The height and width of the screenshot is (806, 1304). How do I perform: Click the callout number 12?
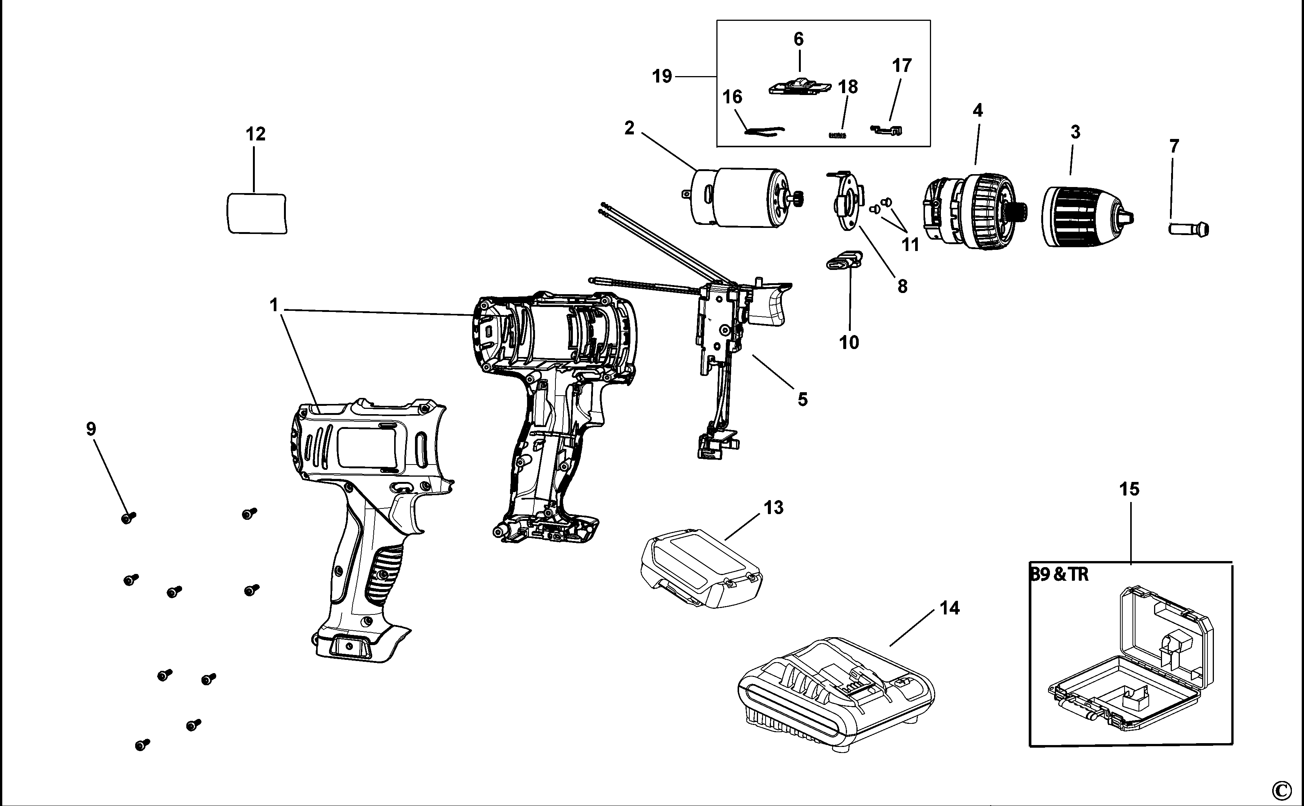(255, 134)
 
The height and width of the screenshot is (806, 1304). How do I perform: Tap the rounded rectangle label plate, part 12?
(256, 213)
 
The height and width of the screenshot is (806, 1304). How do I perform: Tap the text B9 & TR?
(1059, 575)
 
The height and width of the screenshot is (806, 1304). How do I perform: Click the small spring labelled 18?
(838, 136)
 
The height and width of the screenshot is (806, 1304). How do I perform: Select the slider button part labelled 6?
(800, 87)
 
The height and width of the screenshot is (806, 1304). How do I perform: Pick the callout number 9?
(91, 429)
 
